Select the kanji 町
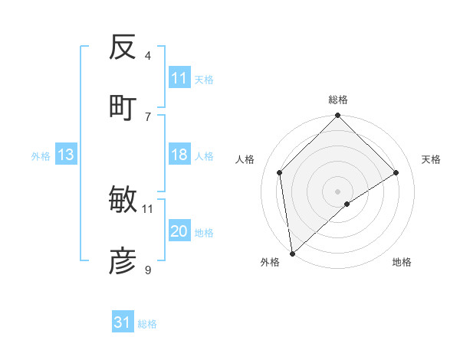[123, 107]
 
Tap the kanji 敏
[123, 201]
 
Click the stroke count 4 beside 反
[148, 55]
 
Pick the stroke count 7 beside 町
[148, 116]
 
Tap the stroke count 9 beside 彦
[148, 269]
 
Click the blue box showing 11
[179, 78]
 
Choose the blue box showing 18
[179, 155]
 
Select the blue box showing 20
[179, 232]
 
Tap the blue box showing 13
[66, 155]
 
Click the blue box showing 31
[123, 322]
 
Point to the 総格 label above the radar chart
[338, 100]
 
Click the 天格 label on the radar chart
[431, 159]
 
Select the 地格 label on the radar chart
[402, 263]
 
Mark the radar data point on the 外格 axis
[292, 254]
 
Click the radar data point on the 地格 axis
[347, 204]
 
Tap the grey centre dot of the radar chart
[338, 191]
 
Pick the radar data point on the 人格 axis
[280, 172]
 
